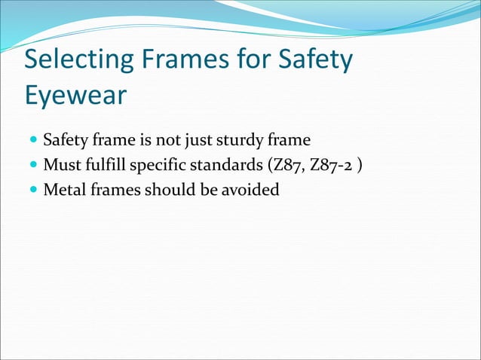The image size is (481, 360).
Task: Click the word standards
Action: pyautogui.click(x=227, y=165)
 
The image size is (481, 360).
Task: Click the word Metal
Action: pyautogui.click(x=64, y=189)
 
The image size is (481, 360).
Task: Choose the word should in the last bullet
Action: pyautogui.click(x=171, y=189)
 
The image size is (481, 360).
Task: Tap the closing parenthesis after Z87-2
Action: pyautogui.click(x=360, y=166)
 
